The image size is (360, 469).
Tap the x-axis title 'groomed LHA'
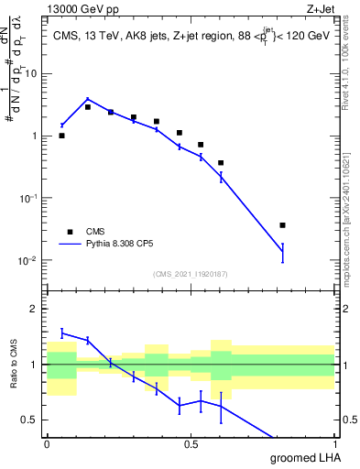[302, 457]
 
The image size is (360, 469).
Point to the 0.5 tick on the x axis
[191, 443]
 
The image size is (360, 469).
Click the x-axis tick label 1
[333, 443]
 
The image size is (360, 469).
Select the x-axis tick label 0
[47, 443]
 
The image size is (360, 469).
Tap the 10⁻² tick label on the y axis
[30, 260]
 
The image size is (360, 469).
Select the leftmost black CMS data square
[61, 136]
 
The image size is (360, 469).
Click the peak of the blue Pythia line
[88, 99]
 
